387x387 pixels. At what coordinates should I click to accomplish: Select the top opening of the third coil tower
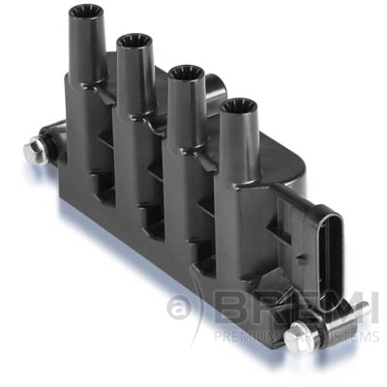tap(183, 71)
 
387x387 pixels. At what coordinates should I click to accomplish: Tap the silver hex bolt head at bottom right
tap(298, 338)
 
